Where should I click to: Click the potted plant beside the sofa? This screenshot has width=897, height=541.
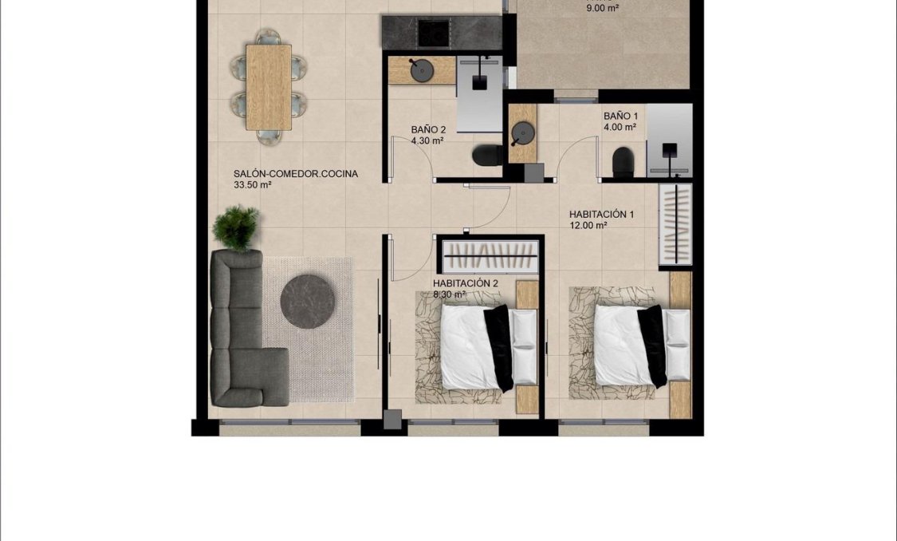[x=236, y=227]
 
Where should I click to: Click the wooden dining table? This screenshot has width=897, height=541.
[x=269, y=86]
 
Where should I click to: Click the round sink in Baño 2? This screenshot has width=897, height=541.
[x=422, y=70]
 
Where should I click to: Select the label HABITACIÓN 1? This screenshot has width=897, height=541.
[x=601, y=214]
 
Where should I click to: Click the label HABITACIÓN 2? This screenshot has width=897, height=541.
[x=466, y=283]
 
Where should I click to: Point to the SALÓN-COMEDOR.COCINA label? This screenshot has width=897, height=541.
[x=296, y=173]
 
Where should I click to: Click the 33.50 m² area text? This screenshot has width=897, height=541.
[x=253, y=185]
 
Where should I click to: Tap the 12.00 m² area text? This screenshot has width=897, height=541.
[x=588, y=226]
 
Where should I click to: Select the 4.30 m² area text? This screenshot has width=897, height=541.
[x=427, y=140]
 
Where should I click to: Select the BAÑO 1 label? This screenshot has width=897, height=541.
[x=620, y=116]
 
